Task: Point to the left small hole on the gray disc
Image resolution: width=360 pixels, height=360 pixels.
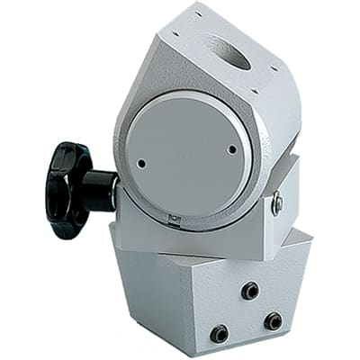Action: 141,164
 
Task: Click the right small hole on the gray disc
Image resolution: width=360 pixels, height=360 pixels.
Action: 232,149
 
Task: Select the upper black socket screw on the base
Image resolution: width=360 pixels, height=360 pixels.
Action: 250,290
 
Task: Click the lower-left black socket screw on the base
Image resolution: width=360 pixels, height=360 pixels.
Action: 219,334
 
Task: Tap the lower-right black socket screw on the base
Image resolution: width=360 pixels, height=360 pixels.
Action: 273,320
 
